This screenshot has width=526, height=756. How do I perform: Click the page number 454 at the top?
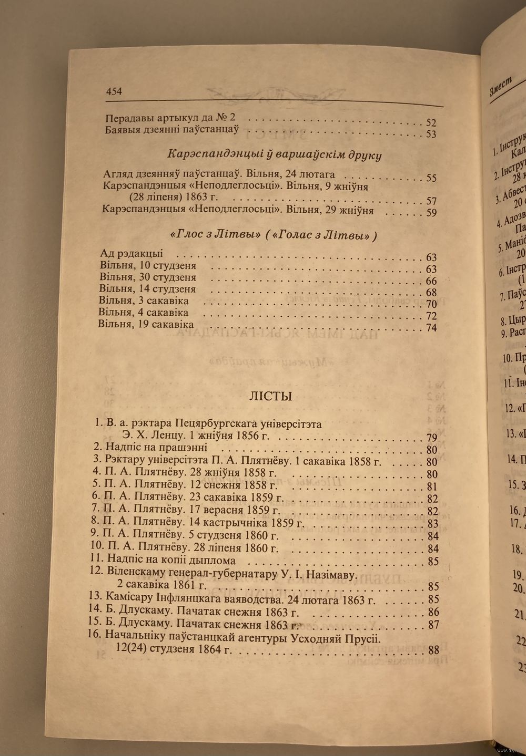click(x=114, y=91)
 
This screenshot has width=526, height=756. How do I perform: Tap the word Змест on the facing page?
click(x=500, y=85)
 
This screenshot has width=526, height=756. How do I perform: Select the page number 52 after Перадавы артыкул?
click(x=431, y=122)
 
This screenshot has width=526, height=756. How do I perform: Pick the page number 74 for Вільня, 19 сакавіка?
click(x=431, y=328)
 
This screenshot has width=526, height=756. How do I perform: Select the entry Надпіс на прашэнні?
click(x=156, y=447)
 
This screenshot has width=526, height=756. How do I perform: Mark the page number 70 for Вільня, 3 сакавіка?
click(x=431, y=304)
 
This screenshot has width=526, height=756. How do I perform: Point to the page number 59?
click(x=431, y=213)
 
